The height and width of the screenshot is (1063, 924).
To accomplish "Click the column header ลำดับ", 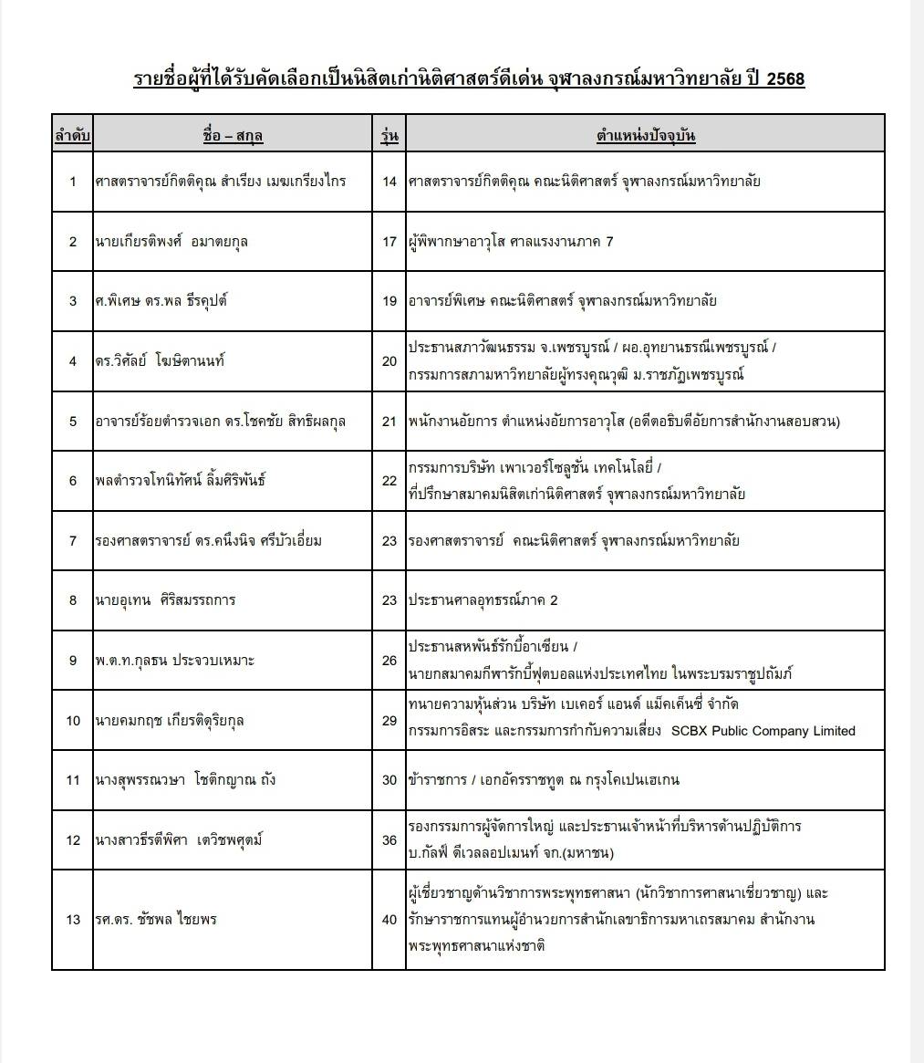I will coord(72,136).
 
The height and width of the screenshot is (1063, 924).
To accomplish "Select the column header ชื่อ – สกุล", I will coord(233,136).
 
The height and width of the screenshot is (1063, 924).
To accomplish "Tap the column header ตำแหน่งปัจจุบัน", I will coord(645,136).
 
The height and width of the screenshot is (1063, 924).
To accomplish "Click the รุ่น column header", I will coord(389,136).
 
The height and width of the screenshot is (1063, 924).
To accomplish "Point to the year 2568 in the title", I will coord(785,79).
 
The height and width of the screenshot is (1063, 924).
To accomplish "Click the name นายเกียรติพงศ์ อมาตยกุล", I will coord(171,242).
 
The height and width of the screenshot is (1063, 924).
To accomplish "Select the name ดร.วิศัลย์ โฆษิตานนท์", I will coord(160,361).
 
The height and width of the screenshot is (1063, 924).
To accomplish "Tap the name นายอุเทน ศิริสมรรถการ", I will coord(165,600).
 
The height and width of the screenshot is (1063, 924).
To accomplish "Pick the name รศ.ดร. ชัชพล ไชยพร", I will coord(156,920).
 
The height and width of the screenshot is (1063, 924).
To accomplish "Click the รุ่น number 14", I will coord(389,182).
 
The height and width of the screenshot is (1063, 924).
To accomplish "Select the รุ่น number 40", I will coord(389,920).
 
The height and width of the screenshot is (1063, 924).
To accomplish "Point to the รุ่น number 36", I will coord(389,840).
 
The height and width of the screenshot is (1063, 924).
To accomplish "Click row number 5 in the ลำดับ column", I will coord(73,422).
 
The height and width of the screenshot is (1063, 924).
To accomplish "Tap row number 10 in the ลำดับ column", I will coord(73,721).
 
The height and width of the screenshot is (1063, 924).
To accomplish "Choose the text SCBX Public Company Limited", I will coord(763,731).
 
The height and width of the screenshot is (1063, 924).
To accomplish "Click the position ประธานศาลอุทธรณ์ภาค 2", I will coord(483,600).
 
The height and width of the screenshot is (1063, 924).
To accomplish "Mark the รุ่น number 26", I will coord(389,661).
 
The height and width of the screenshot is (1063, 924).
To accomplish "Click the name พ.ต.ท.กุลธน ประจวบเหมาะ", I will coord(174,661).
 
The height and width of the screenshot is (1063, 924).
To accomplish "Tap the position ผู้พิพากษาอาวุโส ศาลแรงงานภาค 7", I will coord(511,242).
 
